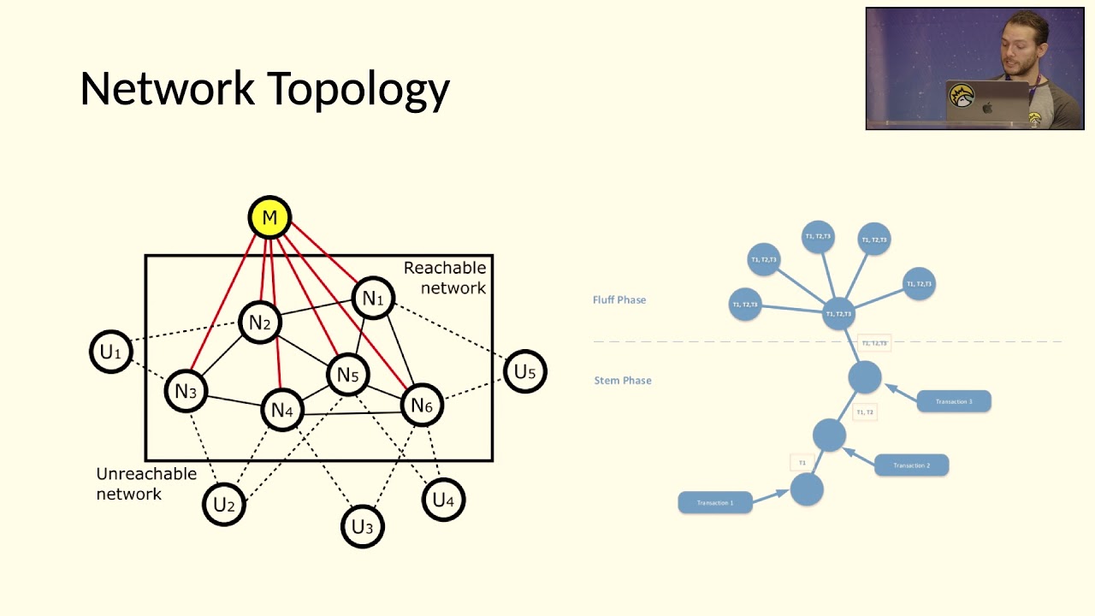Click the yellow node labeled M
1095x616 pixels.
click(x=269, y=218)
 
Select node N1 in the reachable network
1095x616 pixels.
click(x=373, y=299)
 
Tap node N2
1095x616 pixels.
click(x=259, y=323)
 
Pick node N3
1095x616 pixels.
click(x=186, y=392)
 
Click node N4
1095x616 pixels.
click(x=281, y=411)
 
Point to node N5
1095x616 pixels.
click(x=347, y=375)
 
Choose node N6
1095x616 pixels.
click(x=422, y=406)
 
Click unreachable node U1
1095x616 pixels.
click(x=111, y=352)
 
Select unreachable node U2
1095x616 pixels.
click(x=224, y=505)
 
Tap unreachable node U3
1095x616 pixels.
click(x=363, y=526)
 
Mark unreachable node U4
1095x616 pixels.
click(x=443, y=500)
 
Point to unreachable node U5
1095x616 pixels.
click(x=524, y=371)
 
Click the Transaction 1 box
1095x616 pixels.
click(x=715, y=502)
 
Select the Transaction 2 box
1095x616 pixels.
click(x=911, y=465)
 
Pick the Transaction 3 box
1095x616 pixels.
click(x=954, y=401)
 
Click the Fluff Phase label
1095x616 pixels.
click(x=619, y=300)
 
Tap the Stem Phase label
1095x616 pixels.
click(x=623, y=381)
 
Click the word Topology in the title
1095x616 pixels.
click(x=358, y=89)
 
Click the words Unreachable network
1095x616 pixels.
click(x=146, y=483)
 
